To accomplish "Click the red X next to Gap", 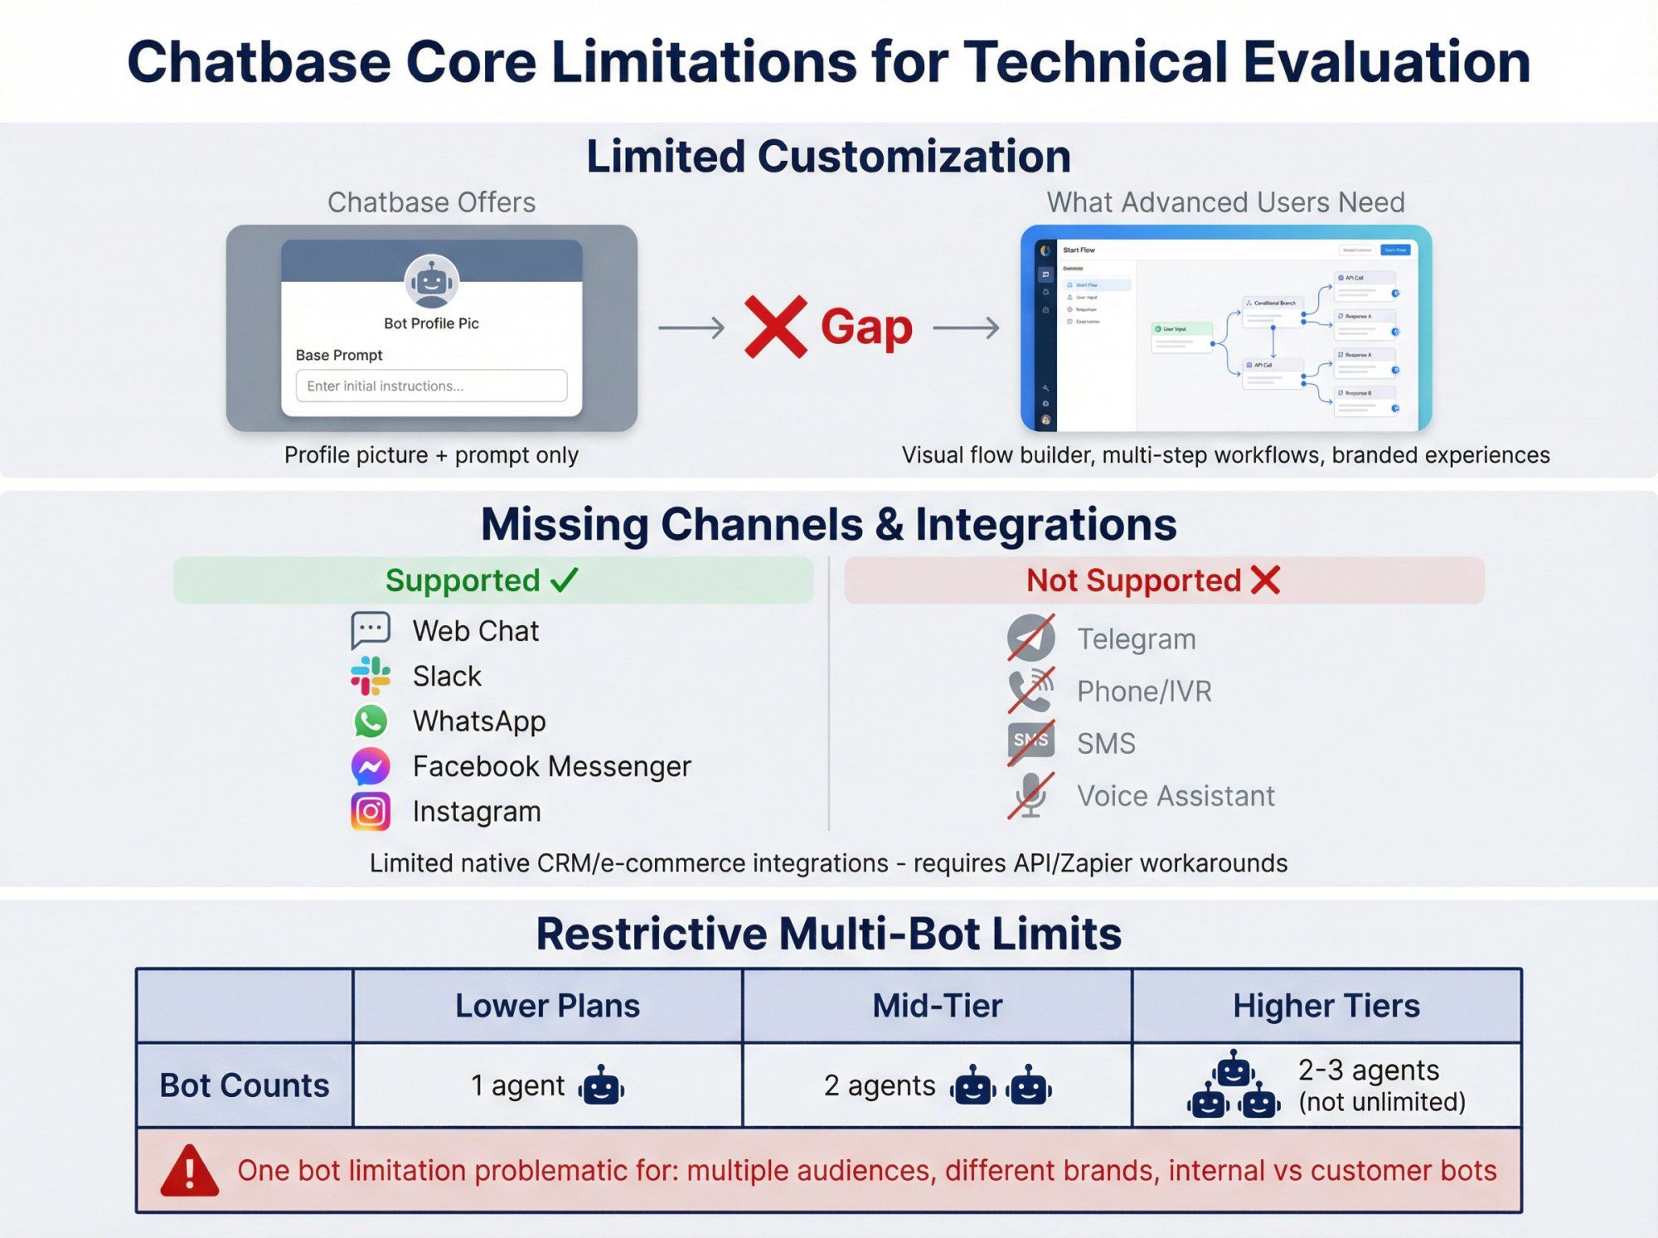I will click(775, 327).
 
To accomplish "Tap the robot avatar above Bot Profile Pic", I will click(431, 282).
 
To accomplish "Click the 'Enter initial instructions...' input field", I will click(431, 386).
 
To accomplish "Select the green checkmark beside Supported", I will click(565, 580).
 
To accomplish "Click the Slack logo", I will click(371, 676).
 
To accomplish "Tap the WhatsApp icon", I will click(371, 721).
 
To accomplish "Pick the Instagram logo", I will click(371, 811).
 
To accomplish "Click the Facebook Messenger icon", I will click(371, 766).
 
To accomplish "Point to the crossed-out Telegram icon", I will click(1030, 638).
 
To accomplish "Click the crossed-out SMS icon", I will click(1030, 742).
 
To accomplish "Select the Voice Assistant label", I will click(1175, 796).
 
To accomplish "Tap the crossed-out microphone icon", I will click(1030, 795).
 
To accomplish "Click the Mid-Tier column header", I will click(937, 1006).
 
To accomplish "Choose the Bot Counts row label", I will click(244, 1085).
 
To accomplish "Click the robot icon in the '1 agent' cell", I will click(602, 1086).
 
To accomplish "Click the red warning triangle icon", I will click(190, 1171).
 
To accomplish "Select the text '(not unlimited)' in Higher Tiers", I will click(1382, 1102).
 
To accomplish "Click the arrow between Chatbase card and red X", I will click(691, 328).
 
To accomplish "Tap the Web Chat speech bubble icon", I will click(371, 630).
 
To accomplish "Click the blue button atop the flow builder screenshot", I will click(1395, 250).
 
